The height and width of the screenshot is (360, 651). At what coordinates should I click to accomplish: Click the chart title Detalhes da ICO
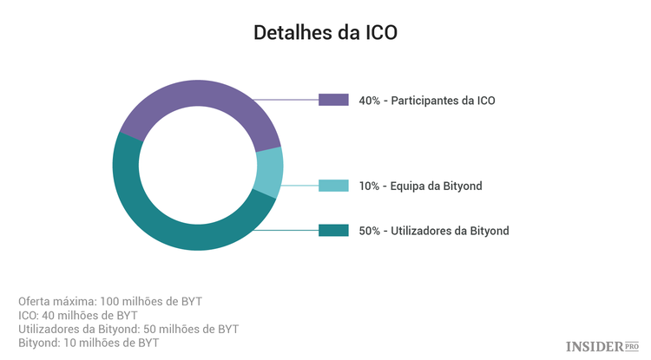tap(325, 33)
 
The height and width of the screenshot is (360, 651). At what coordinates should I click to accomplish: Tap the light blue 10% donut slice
tap(270, 172)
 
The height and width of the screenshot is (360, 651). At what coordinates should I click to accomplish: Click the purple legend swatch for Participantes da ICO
tap(333, 101)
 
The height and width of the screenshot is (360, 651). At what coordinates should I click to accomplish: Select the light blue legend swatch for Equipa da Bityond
tap(333, 186)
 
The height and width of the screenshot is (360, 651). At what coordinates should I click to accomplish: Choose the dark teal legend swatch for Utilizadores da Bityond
tap(333, 231)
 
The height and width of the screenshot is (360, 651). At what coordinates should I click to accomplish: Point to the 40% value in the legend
tap(370, 101)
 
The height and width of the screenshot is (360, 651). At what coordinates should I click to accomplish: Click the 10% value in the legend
tap(369, 186)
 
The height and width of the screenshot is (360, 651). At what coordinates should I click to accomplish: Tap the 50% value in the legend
tap(370, 231)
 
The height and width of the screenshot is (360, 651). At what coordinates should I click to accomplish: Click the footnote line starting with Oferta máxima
tap(109, 301)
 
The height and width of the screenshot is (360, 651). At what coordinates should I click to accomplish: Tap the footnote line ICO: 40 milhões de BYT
tap(78, 315)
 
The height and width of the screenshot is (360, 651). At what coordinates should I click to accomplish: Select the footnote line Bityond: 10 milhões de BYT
tap(88, 343)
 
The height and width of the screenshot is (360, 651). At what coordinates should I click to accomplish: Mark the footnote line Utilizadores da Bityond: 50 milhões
tap(128, 329)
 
